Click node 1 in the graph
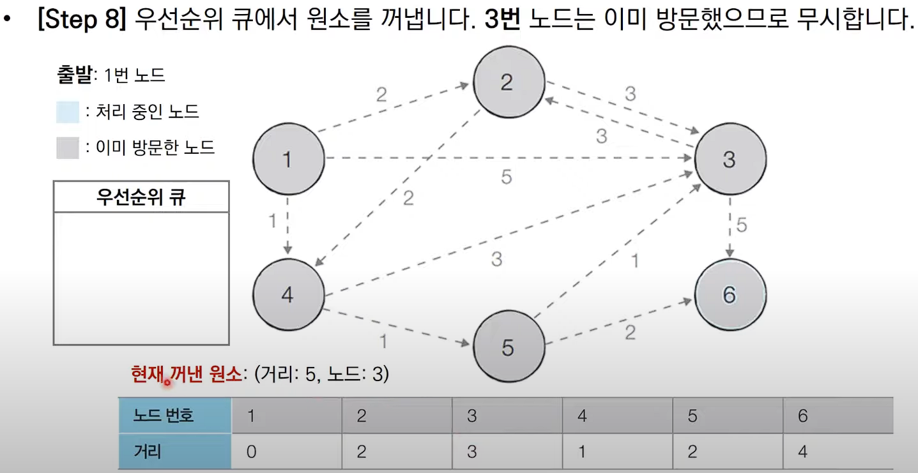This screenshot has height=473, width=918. tap(288, 159)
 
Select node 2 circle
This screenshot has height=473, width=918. tap(508, 82)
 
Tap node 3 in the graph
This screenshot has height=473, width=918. tap(730, 159)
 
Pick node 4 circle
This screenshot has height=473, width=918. tap(288, 295)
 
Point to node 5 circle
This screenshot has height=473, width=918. tap(508, 347)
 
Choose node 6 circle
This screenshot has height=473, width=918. tap(730, 295)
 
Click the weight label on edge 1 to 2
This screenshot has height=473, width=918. tap(381, 95)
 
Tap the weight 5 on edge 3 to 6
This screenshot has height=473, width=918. tap(742, 225)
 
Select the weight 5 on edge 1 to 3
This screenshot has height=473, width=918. tap(506, 177)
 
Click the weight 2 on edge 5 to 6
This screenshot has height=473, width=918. tap(630, 333)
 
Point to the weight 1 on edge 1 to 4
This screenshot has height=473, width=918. tap(273, 221)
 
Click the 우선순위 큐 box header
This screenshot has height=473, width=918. tap(141, 197)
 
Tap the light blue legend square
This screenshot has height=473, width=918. tap(68, 112)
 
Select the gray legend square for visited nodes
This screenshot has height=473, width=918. tap(68, 148)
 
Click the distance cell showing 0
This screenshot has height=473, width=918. tap(286, 452)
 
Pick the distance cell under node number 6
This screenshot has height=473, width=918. tap(838, 452)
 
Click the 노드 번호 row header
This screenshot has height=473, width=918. tap(174, 416)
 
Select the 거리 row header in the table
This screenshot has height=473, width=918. tap(174, 452)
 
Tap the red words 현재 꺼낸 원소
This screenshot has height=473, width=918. tap(187, 373)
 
